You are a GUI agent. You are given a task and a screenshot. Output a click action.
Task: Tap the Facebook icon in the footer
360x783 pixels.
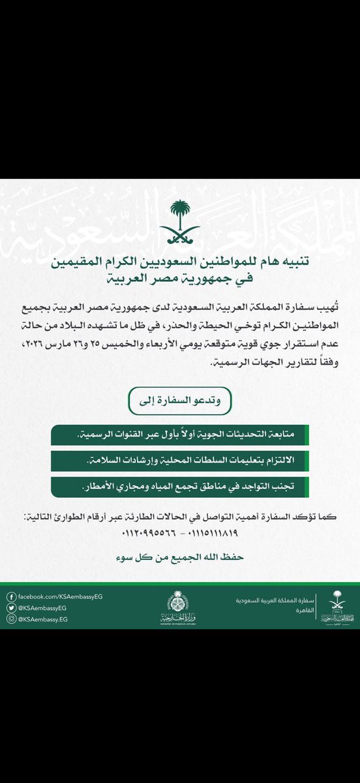pos(10,596)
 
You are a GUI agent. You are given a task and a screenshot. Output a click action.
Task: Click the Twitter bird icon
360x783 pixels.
pos(10,607)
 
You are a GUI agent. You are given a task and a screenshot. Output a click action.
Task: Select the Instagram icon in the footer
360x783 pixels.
pos(10,619)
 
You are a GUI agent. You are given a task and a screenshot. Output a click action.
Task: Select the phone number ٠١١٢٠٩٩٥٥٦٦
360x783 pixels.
pos(149,532)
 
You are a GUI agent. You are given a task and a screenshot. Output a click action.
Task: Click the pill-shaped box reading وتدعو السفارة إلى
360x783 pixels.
pos(180,400)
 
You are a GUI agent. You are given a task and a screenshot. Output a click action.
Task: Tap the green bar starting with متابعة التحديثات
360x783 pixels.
pos(180,434)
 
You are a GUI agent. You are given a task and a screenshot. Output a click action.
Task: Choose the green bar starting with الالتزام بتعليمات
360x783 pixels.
pos(180,461)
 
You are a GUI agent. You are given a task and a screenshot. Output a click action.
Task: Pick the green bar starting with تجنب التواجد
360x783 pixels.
pos(180,487)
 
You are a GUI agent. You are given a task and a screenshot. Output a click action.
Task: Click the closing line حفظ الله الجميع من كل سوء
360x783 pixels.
pos(180,558)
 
